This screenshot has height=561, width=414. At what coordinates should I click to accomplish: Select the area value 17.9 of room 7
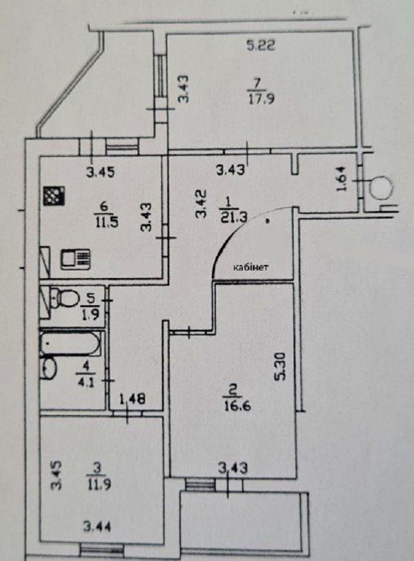[257, 98]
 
